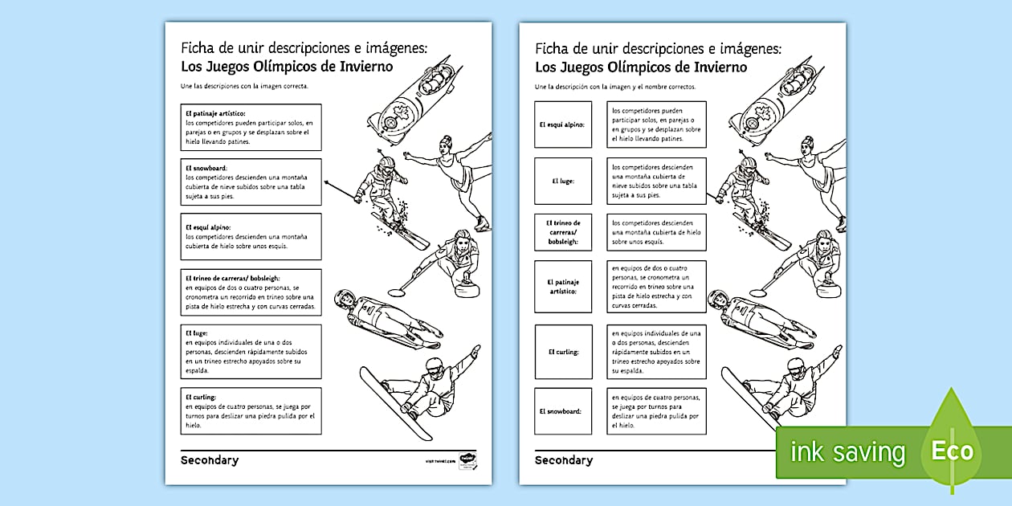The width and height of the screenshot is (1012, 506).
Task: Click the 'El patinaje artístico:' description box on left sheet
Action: point(251,127)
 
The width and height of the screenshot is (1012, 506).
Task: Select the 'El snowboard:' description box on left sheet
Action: point(251,182)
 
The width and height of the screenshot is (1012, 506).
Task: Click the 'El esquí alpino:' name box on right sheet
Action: point(562,124)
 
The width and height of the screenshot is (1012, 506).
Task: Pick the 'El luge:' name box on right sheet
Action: point(562,182)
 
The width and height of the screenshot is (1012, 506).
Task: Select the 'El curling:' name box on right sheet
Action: point(562,352)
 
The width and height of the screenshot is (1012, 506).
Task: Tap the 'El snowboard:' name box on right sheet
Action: point(562,411)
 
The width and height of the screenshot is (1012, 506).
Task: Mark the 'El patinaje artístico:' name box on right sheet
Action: point(562,287)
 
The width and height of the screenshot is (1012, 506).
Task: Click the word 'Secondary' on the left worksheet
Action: point(209,460)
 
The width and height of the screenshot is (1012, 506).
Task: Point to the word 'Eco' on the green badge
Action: point(952,451)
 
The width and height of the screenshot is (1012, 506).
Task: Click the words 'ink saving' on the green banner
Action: point(847,452)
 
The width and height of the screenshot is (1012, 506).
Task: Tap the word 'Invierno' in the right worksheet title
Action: point(720,67)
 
